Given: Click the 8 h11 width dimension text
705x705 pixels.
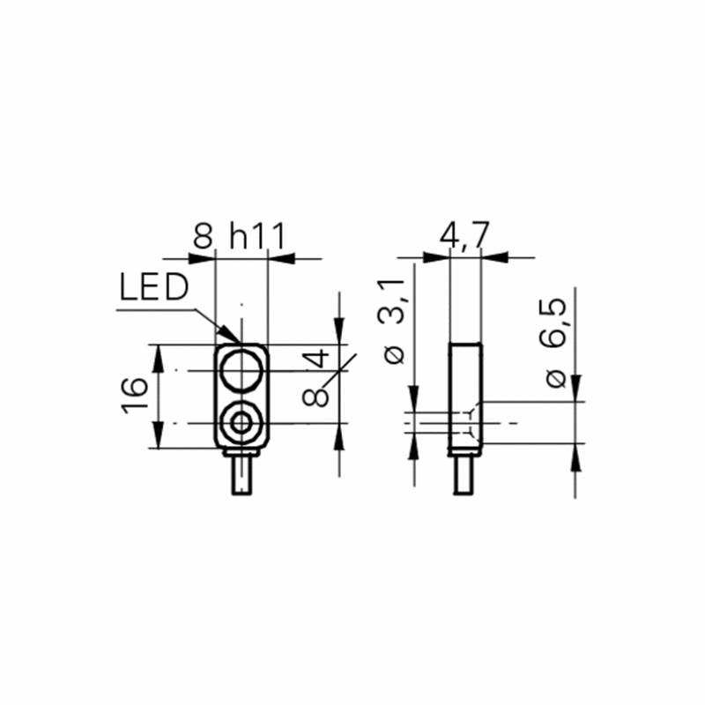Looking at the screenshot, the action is pos(240,236).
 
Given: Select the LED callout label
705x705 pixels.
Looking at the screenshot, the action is pos(153,287).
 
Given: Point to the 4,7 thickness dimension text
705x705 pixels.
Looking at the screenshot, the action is pos(464,234).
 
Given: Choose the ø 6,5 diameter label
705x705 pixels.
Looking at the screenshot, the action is pos(556,343).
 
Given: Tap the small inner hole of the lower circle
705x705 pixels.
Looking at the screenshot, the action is pos(241,423).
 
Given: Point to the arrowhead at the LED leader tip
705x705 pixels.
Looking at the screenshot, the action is pos(229,333).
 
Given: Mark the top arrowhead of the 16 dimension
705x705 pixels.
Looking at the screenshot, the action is pos(157,359).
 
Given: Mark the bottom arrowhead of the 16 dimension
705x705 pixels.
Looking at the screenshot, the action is pos(157,434).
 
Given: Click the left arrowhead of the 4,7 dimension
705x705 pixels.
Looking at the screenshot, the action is pos(436,257).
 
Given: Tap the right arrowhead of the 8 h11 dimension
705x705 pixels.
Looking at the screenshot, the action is pos(281,258).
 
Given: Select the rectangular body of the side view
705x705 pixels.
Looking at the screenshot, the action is pos(465,397).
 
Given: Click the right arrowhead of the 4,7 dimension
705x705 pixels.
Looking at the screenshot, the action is pos(494,257).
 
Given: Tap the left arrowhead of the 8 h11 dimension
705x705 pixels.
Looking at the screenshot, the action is pos(203,258).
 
